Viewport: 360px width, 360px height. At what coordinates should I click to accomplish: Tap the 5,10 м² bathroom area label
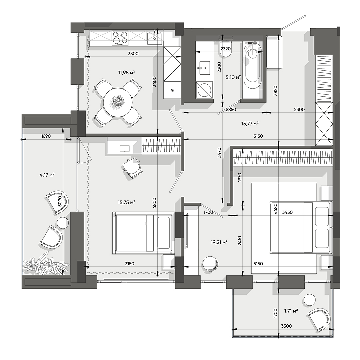tap(233, 77)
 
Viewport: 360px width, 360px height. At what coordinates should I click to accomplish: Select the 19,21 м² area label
tap(219, 242)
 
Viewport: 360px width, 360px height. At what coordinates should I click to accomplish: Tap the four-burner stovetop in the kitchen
tap(120, 38)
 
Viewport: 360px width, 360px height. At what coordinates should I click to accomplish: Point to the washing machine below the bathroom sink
tap(204, 90)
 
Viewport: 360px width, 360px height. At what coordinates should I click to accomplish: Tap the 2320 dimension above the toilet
tap(226, 48)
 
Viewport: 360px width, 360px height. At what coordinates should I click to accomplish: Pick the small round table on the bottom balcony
tap(310, 300)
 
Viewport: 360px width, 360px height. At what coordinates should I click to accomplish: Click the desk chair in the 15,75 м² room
tap(132, 168)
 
